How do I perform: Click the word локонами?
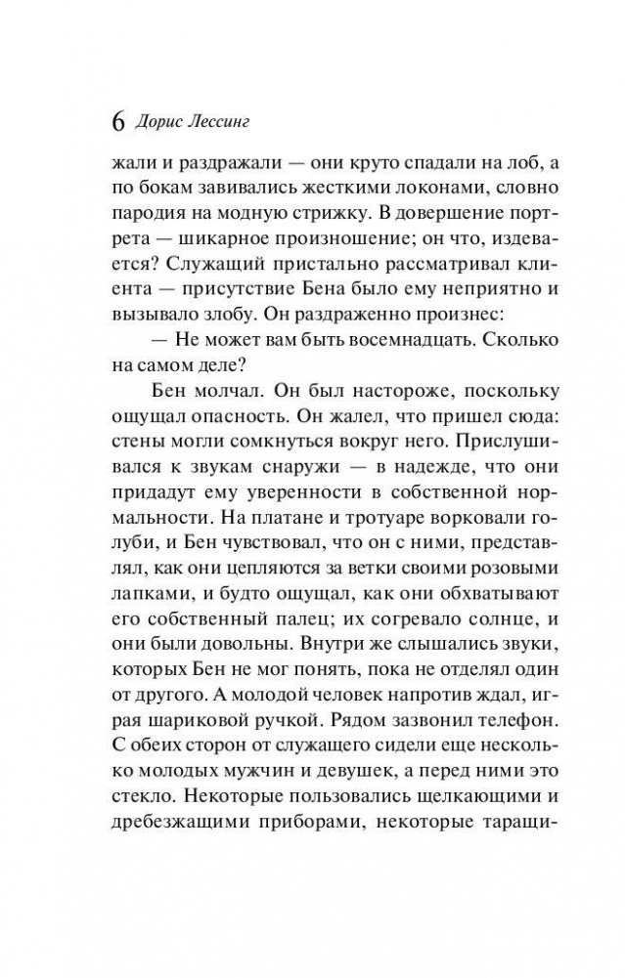[x=422, y=195]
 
